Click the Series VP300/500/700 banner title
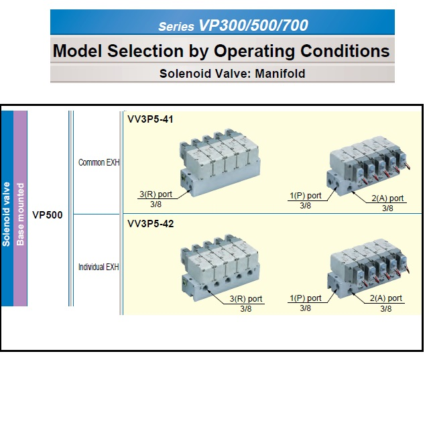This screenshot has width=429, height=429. click(233, 25)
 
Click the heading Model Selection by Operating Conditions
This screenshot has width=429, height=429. click(221, 51)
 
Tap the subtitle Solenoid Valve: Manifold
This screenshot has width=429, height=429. click(233, 74)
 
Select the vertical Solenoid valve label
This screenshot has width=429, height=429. click(6, 214)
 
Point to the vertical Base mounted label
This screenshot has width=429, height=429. click(20, 214)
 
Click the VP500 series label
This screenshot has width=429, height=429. click(48, 215)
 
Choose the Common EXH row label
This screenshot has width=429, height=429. click(99, 162)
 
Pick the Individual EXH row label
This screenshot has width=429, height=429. click(99, 267)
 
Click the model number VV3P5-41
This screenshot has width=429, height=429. click(150, 119)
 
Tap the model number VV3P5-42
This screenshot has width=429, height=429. click(150, 224)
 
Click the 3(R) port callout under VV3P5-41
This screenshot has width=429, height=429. click(156, 194)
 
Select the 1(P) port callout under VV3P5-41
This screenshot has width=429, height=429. click(306, 196)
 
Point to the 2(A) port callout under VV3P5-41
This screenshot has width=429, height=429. click(387, 198)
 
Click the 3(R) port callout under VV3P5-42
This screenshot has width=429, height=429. click(246, 299)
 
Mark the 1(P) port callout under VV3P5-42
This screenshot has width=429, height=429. click(306, 298)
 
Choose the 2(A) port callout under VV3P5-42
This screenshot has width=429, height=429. click(386, 298)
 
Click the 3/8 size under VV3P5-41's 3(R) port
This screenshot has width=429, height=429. click(156, 204)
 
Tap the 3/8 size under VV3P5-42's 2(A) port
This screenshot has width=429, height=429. click(386, 308)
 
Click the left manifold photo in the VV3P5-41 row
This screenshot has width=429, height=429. click(220, 162)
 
